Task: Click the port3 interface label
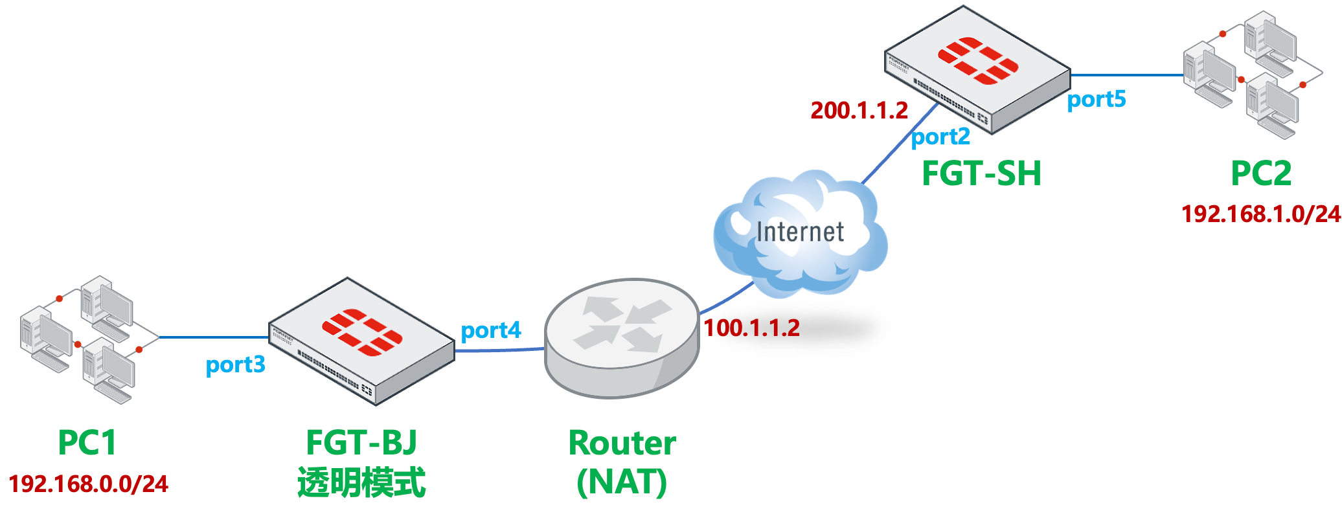point(235,365)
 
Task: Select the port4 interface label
point(490,331)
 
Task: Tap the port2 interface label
point(940,137)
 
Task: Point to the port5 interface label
point(1097,100)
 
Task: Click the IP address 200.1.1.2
point(859,111)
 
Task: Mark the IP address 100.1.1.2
point(751,328)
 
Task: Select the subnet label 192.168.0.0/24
point(88,484)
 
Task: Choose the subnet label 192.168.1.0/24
point(1260,214)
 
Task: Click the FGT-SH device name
point(981,174)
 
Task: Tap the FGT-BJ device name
point(361,443)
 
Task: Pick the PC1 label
point(87,443)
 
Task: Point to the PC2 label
point(1261,174)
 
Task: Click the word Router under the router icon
point(622,443)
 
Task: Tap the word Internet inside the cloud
point(800,232)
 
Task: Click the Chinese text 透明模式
point(361,483)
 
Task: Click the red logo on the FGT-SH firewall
point(978,62)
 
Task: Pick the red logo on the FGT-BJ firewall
point(362,333)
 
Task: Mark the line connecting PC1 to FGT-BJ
point(214,337)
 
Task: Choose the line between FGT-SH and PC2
point(1127,75)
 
